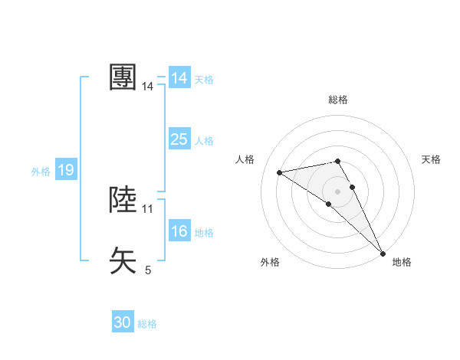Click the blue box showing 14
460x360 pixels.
click(179, 78)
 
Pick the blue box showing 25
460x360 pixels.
click(179, 139)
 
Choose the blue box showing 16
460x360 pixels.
click(179, 231)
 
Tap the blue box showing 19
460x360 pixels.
click(66, 170)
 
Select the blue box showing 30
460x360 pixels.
click(123, 322)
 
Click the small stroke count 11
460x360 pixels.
click(148, 208)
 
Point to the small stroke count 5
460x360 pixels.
click(148, 270)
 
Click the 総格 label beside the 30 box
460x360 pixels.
click(147, 324)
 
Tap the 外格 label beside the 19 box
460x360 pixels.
click(41, 172)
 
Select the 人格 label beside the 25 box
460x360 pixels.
click(204, 141)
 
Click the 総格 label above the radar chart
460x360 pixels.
click(337, 100)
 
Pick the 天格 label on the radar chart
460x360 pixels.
click(431, 159)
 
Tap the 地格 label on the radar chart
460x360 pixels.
click(402, 262)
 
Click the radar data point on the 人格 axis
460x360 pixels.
click(280, 172)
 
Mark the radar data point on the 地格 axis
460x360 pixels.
click(383, 254)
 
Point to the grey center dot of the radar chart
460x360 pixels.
click(337, 190)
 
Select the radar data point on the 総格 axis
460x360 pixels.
click(337, 161)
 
